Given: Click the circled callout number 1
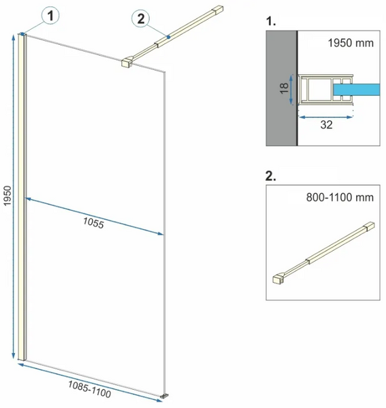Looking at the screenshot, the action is (x=50, y=16).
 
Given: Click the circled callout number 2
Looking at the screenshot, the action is (x=141, y=19).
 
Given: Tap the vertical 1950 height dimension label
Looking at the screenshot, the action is (x=7, y=196).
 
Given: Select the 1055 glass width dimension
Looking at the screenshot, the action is (x=93, y=223).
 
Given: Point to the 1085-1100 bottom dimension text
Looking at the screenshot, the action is (x=90, y=389).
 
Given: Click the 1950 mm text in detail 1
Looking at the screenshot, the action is (x=351, y=43).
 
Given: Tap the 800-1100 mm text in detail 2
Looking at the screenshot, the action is (x=340, y=197).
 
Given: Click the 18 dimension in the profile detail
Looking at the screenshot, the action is (x=284, y=88).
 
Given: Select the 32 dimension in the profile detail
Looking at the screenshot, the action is (x=326, y=125).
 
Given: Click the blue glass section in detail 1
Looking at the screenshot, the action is (x=356, y=90).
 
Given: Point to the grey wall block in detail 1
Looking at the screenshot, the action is (x=282, y=88).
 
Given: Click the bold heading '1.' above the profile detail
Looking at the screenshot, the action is (x=271, y=21).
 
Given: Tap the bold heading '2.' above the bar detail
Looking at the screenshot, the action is (x=271, y=176).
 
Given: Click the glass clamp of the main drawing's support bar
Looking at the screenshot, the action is (x=127, y=62).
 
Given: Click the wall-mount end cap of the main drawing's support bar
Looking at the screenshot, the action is (x=218, y=9).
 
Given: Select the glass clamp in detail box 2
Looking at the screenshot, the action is (x=278, y=278).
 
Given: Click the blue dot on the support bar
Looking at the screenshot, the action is (x=169, y=37).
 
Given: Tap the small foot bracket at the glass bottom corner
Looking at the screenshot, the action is (x=165, y=396).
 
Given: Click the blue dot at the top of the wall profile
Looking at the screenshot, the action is (x=22, y=34).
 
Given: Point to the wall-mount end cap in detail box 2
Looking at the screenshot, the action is (x=370, y=226).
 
